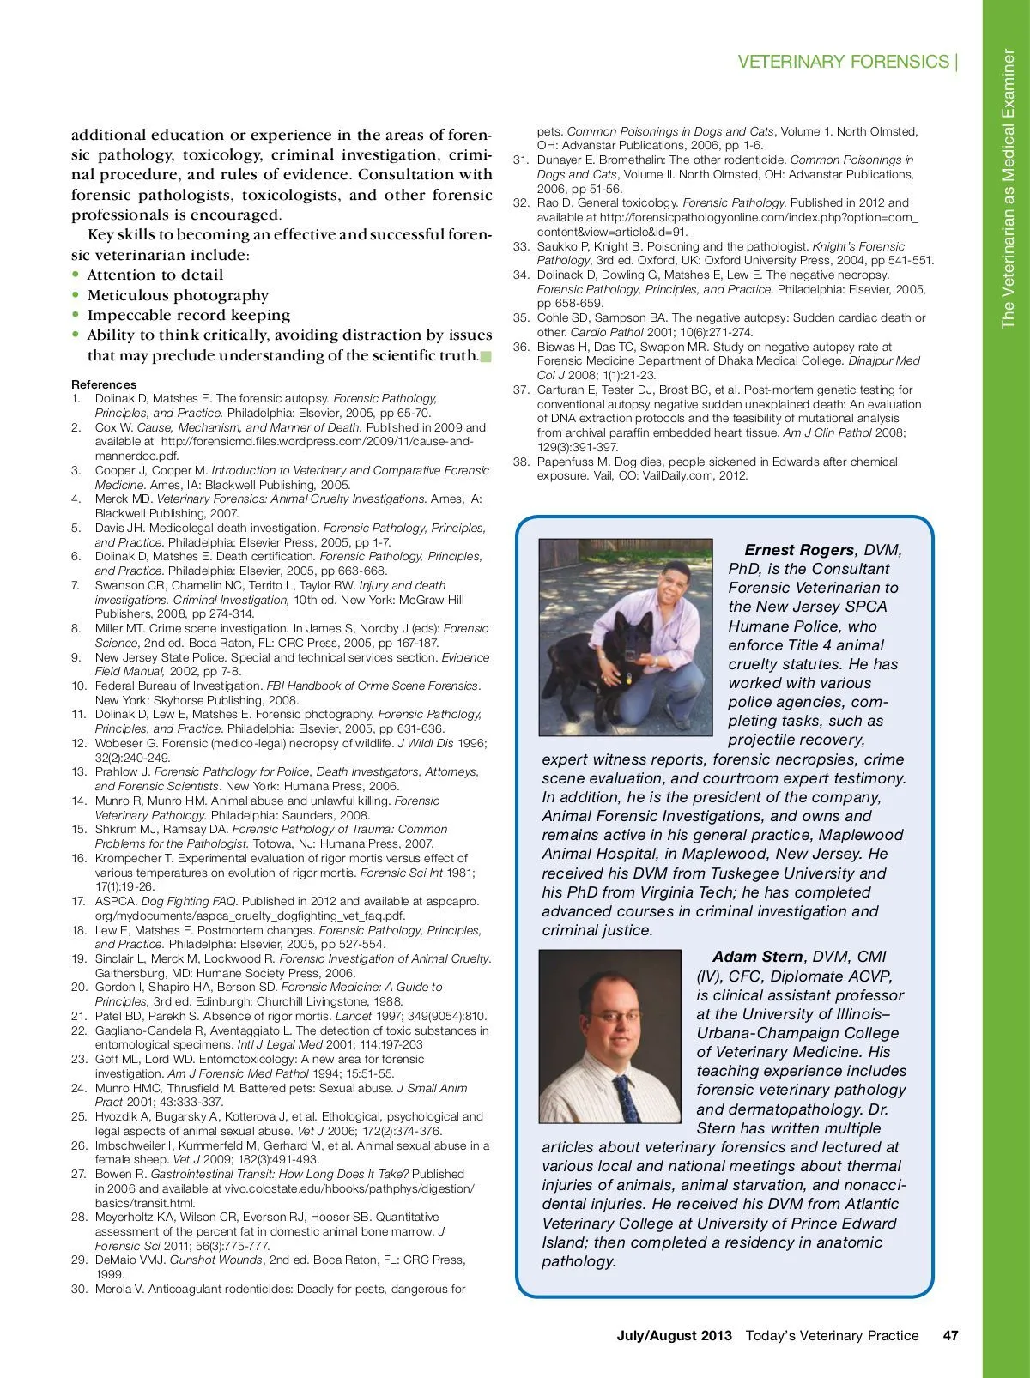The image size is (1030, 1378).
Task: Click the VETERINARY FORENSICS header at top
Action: (x=843, y=62)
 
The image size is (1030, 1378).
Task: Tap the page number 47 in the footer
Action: (x=950, y=1335)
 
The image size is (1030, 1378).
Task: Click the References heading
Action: (x=104, y=384)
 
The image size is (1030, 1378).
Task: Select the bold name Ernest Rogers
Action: (x=799, y=550)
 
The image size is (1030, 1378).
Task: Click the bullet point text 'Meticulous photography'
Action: (x=178, y=295)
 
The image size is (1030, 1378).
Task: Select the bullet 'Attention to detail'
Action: (x=155, y=275)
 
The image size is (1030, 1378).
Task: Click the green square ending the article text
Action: (x=485, y=356)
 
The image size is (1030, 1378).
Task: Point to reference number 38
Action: (x=521, y=462)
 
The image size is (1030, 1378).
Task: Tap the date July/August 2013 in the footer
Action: (x=674, y=1335)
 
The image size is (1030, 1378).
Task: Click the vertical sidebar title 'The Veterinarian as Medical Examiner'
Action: (x=1008, y=189)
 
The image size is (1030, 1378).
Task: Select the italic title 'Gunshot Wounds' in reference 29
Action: (x=215, y=1260)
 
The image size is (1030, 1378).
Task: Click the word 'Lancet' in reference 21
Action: (x=352, y=1016)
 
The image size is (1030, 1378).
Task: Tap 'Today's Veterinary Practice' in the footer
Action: (x=832, y=1335)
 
